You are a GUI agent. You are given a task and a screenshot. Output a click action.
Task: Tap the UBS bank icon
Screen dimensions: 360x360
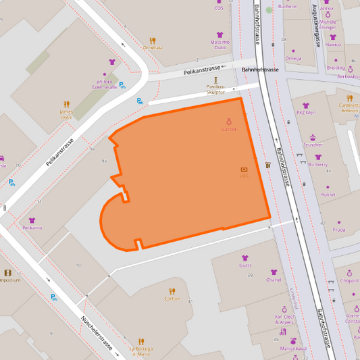click(x=244, y=170)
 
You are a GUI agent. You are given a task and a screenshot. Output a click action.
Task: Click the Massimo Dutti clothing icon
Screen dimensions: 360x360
click(x=220, y=34)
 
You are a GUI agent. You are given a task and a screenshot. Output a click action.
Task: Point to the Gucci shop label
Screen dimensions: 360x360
click(x=245, y=265)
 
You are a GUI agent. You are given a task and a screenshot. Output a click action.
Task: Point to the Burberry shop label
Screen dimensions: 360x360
click(x=317, y=164)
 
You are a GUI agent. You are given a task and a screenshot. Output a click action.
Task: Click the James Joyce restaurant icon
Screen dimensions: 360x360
click(x=66, y=105)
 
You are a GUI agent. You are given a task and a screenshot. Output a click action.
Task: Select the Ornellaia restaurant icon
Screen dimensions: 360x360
click(x=152, y=40)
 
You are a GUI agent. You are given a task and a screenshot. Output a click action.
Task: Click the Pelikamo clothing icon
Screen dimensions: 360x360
click(x=32, y=220)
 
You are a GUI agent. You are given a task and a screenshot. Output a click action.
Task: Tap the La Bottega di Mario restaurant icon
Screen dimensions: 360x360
click(x=142, y=342)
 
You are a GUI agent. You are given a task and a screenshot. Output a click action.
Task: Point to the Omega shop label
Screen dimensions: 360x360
click(x=293, y=58)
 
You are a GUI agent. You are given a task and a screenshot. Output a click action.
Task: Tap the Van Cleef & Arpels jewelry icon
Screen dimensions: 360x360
click(x=284, y=308)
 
